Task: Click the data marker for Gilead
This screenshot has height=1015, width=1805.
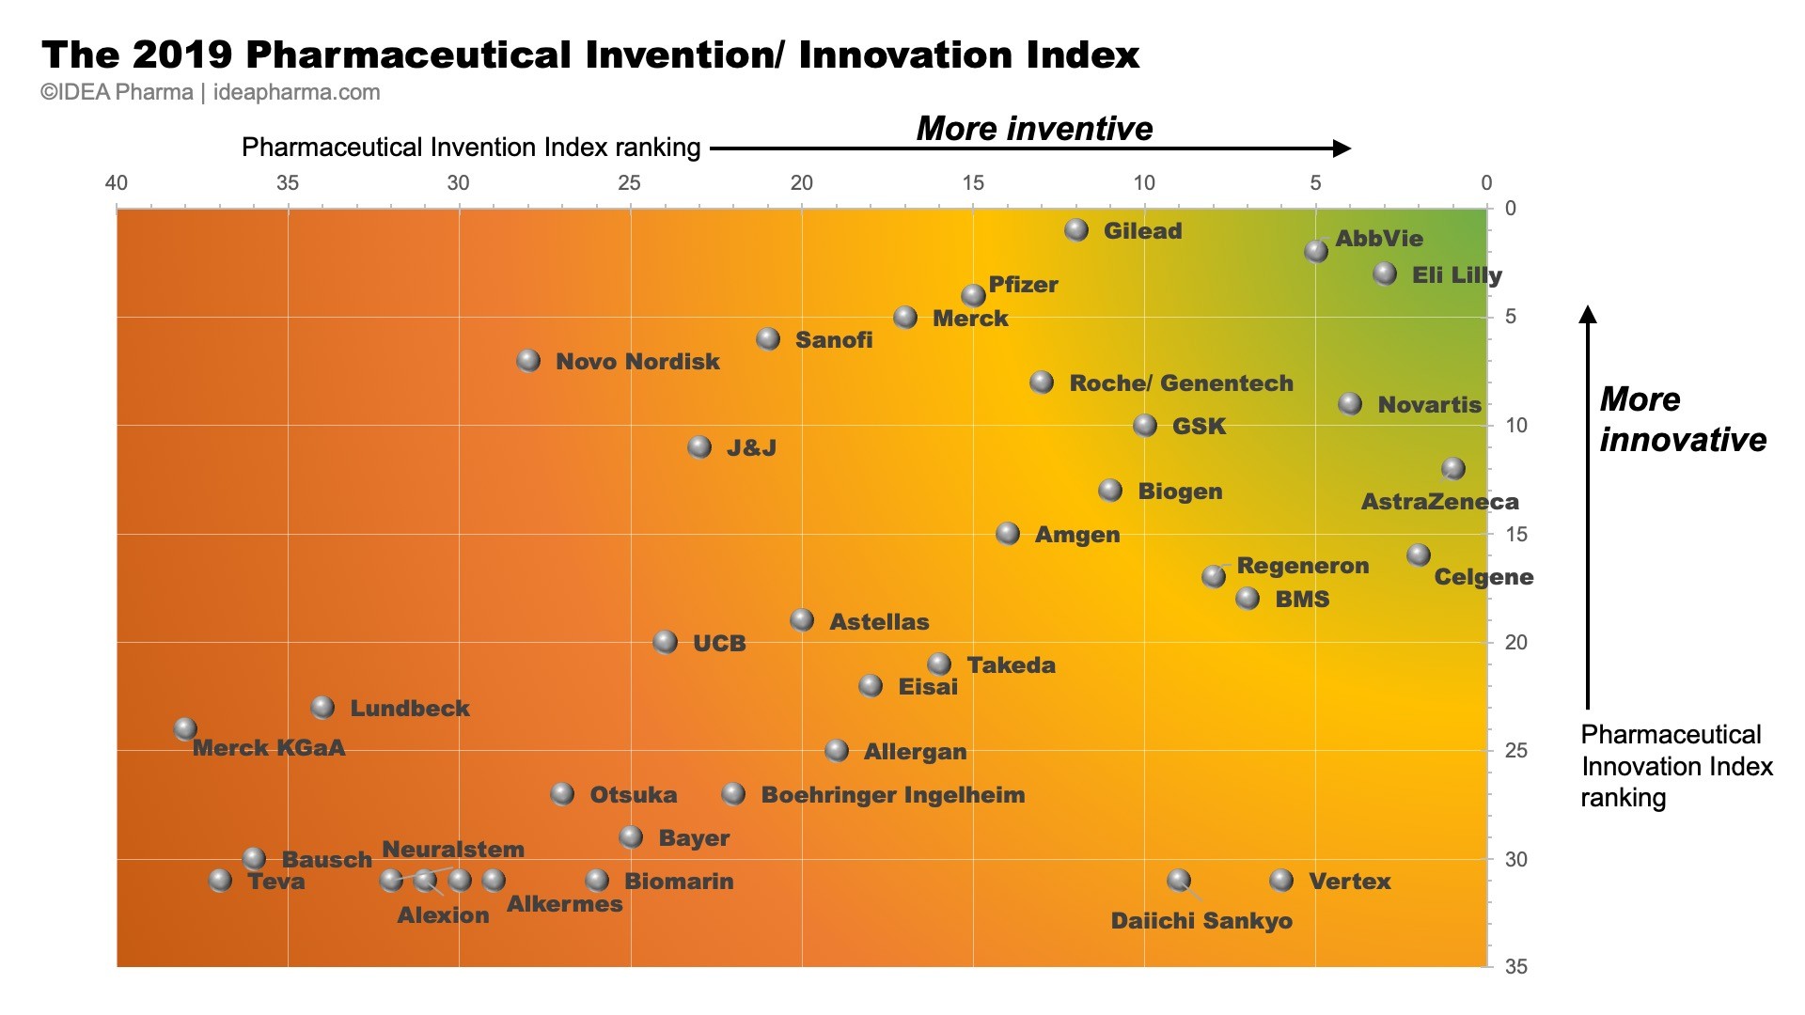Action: tap(1076, 229)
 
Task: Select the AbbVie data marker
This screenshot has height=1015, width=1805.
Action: tap(1316, 251)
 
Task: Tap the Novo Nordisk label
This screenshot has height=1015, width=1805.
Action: tap(636, 362)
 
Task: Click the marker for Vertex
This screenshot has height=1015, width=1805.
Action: tap(1281, 881)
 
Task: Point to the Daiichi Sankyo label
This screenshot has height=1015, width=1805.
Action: tap(1201, 921)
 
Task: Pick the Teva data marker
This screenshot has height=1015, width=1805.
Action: tap(220, 881)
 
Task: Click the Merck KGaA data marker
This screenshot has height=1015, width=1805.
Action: tap(185, 728)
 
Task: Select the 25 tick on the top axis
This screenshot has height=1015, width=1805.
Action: tap(630, 183)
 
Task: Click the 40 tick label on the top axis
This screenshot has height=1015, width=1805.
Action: tap(116, 183)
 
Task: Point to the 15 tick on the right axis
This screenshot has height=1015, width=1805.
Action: tap(1515, 534)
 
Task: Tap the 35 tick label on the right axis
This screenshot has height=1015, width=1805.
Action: tap(1515, 966)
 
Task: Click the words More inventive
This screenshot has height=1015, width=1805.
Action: tap(1034, 129)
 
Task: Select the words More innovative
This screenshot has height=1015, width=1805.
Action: tap(1682, 419)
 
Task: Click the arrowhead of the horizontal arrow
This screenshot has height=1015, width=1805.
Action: tap(1342, 148)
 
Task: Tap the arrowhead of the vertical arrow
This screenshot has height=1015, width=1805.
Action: tap(1588, 314)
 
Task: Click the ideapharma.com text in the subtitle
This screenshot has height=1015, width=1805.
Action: tap(296, 93)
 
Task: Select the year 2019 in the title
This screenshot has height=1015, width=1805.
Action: tap(182, 55)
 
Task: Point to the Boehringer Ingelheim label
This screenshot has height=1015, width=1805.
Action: tap(892, 795)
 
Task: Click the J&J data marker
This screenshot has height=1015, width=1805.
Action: tap(699, 446)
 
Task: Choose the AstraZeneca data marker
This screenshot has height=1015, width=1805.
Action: tap(1453, 468)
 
